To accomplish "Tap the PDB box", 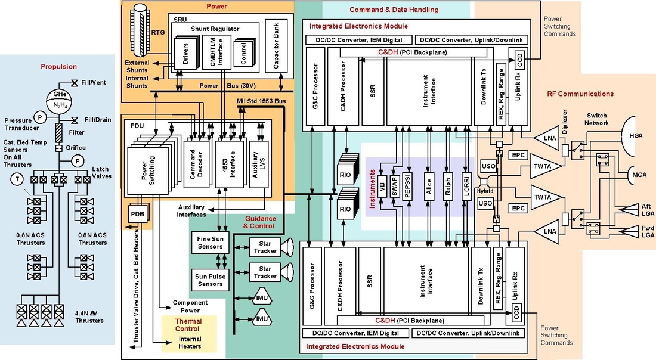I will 137,214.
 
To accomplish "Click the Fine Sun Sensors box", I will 209,243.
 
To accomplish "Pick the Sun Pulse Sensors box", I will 209,280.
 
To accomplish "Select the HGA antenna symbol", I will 638,136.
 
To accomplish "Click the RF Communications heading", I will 580,94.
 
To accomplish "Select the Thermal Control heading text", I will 188,325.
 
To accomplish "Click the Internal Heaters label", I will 190,342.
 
